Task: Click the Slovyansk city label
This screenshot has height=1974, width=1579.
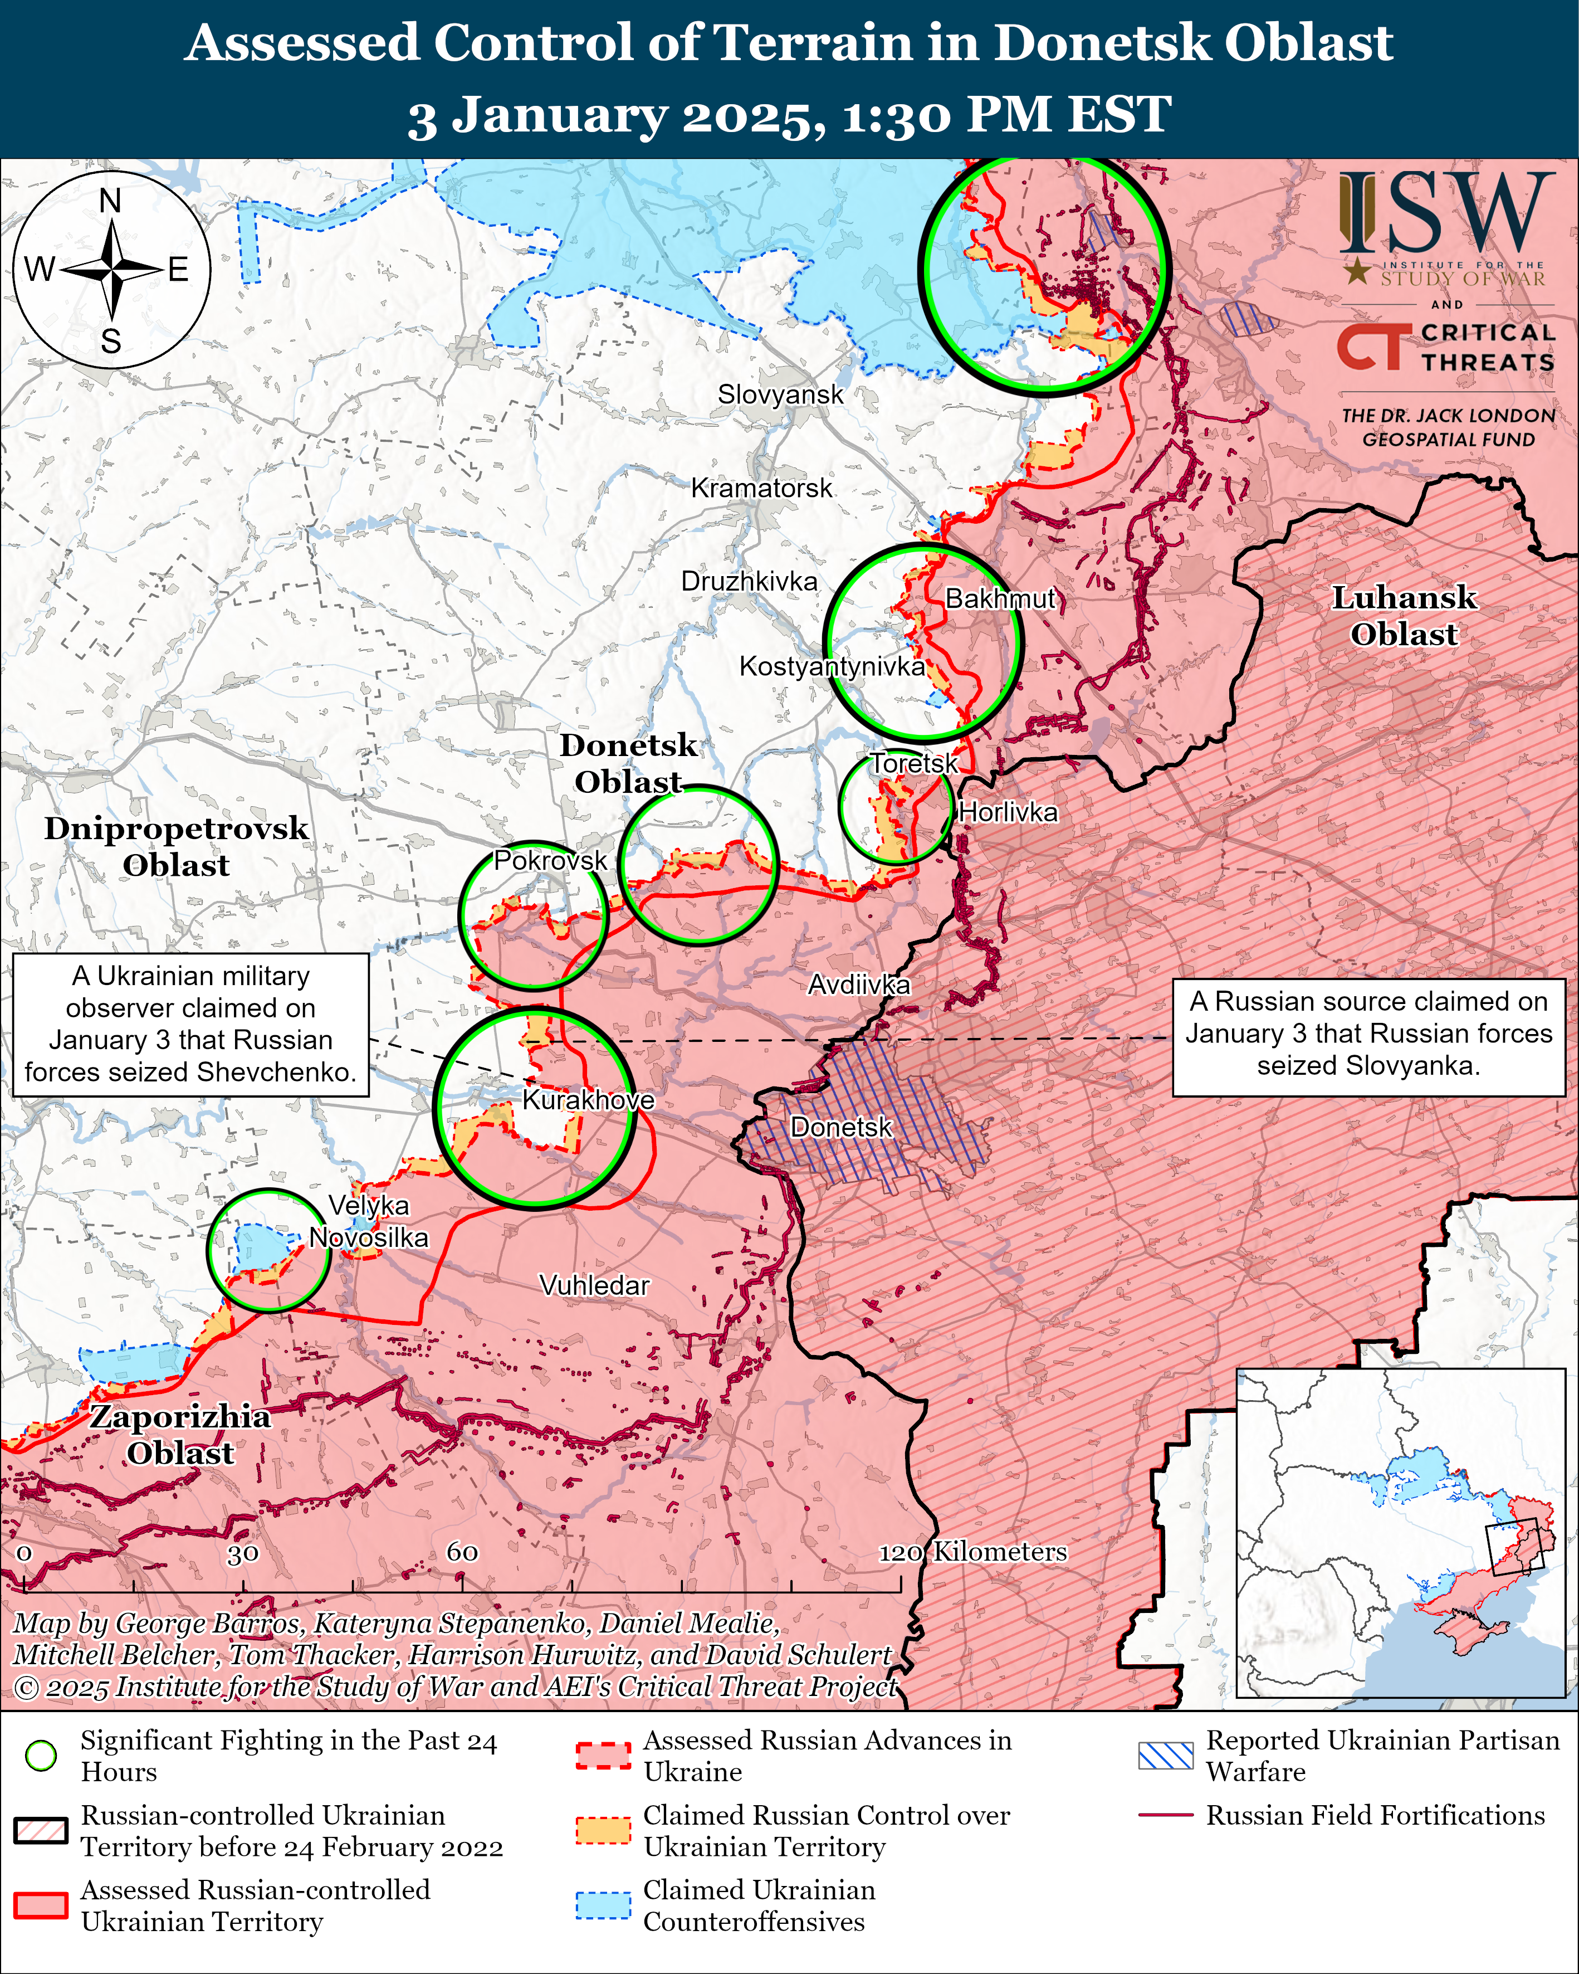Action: (x=780, y=394)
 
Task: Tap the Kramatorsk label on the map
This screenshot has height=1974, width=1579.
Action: (x=761, y=488)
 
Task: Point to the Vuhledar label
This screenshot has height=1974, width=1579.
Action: (x=594, y=1285)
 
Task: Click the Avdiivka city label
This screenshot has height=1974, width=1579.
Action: (x=859, y=985)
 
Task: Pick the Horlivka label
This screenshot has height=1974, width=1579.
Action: (x=1008, y=812)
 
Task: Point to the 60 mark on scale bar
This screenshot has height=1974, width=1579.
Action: (x=462, y=1552)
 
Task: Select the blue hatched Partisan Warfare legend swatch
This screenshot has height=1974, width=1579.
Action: (x=1165, y=1755)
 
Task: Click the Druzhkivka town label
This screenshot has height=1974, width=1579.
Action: (x=749, y=582)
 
